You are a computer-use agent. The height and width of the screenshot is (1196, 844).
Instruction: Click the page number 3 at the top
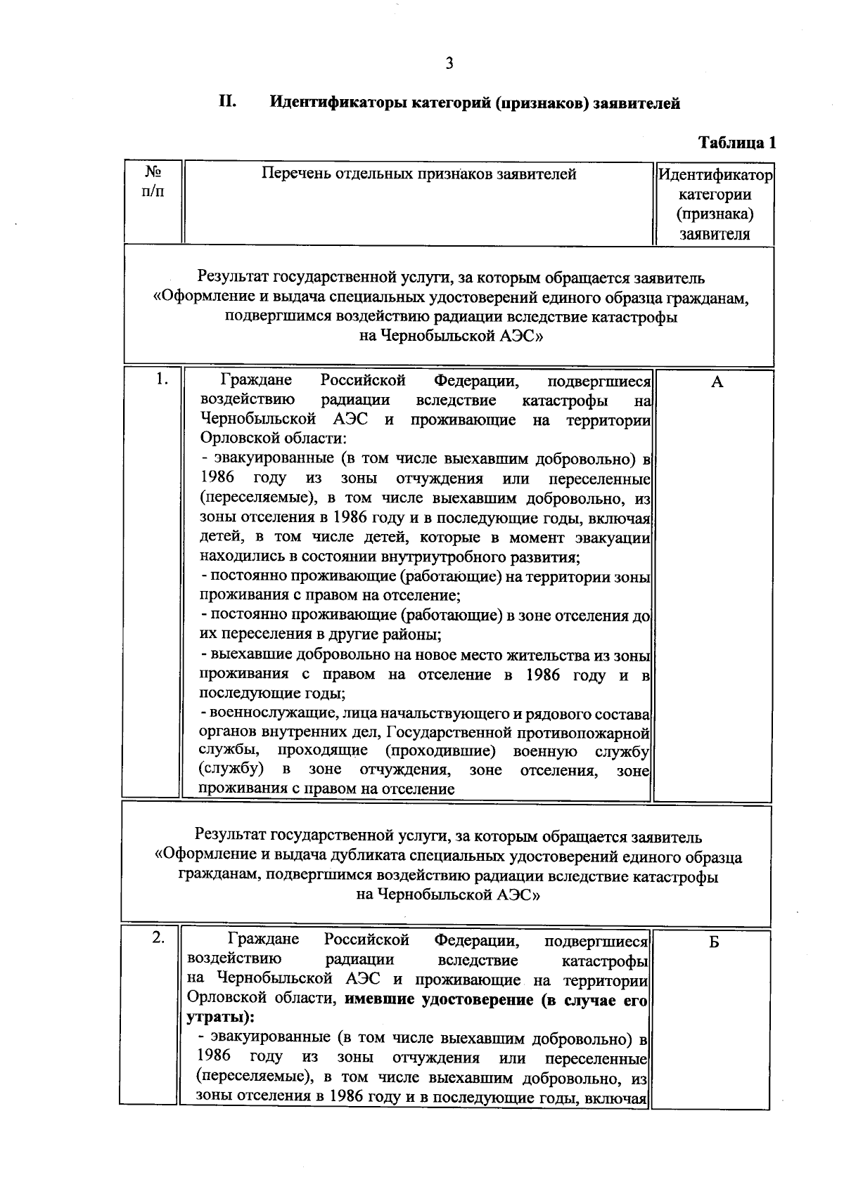pos(449,64)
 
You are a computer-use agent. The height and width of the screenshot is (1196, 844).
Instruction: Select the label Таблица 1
pos(736,143)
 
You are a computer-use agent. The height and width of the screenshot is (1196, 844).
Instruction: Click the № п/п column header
pos(153,181)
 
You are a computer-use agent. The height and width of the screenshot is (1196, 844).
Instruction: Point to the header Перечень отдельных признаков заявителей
pos(418,174)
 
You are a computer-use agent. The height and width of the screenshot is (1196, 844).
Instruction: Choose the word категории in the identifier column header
pos(714,195)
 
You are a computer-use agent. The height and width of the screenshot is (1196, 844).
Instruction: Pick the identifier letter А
pos(717,382)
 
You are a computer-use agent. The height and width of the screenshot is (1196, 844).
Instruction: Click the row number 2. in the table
pos(160,938)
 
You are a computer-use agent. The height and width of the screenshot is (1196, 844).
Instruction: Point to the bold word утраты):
pos(221,1018)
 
